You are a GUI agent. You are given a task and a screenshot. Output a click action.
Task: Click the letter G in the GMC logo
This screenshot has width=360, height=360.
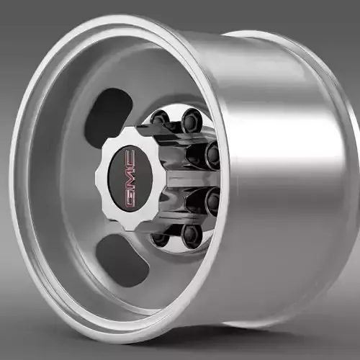[130, 198]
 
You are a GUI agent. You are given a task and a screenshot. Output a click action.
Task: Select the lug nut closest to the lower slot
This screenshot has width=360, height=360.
[161, 238]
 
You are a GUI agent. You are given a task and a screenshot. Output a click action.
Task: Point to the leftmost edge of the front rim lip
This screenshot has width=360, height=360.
[12, 180]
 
